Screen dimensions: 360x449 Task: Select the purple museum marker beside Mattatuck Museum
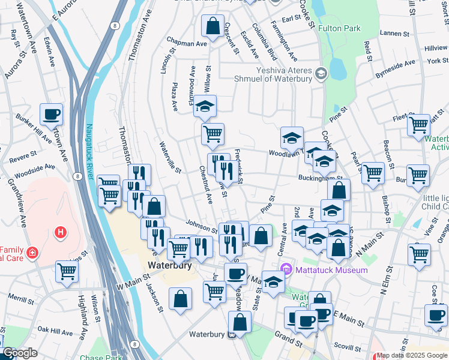287,269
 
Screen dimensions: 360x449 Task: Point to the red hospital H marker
59,232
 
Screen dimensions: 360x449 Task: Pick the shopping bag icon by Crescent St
212,26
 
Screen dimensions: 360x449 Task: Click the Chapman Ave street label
187,43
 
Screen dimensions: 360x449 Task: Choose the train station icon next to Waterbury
231,335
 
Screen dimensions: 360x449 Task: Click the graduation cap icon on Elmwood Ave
205,107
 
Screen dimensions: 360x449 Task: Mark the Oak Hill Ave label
55,329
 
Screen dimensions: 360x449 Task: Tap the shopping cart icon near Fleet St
418,125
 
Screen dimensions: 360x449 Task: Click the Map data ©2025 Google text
412,355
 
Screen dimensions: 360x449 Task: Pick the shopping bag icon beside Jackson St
180,299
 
